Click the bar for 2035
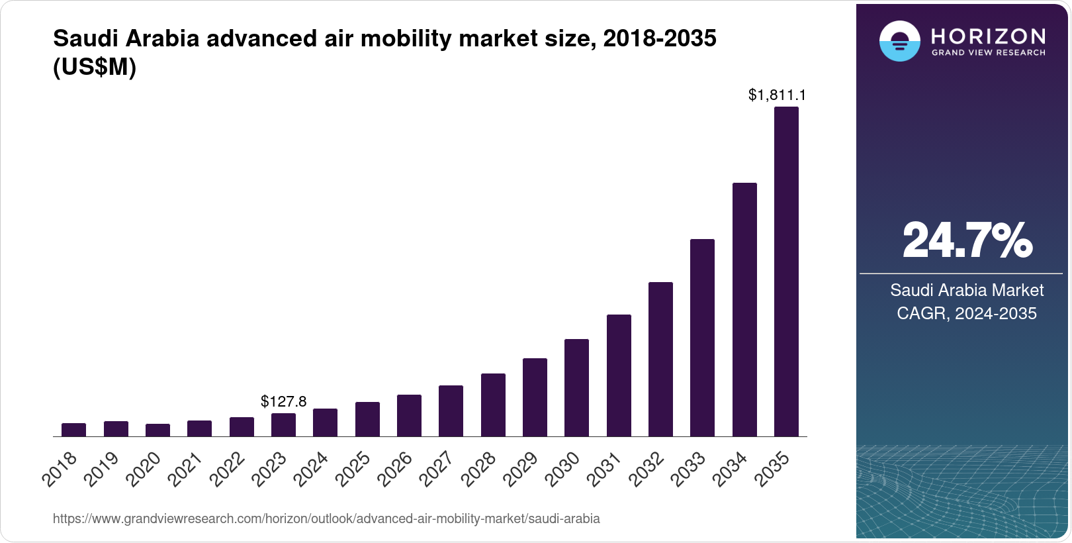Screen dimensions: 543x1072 coord(786,271)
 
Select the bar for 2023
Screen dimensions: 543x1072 coord(283,425)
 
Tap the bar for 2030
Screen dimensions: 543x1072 coord(576,388)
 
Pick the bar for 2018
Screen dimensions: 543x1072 coord(73,430)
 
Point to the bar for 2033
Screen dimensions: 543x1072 coord(702,338)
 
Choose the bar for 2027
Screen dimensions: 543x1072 coord(451,411)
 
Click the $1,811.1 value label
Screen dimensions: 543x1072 coord(777,95)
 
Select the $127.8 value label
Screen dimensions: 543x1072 coord(283,401)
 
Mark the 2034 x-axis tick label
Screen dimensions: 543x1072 coord(731,469)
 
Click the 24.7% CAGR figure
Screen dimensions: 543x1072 coord(967,240)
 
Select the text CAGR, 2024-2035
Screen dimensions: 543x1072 coord(966,313)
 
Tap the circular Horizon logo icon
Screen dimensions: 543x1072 coord(899,42)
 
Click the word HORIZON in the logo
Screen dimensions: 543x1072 coord(988,36)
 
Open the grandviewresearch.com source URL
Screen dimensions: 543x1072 coord(326,518)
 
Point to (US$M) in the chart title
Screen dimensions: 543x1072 coord(95,67)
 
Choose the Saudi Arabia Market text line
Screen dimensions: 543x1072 coord(966,290)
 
